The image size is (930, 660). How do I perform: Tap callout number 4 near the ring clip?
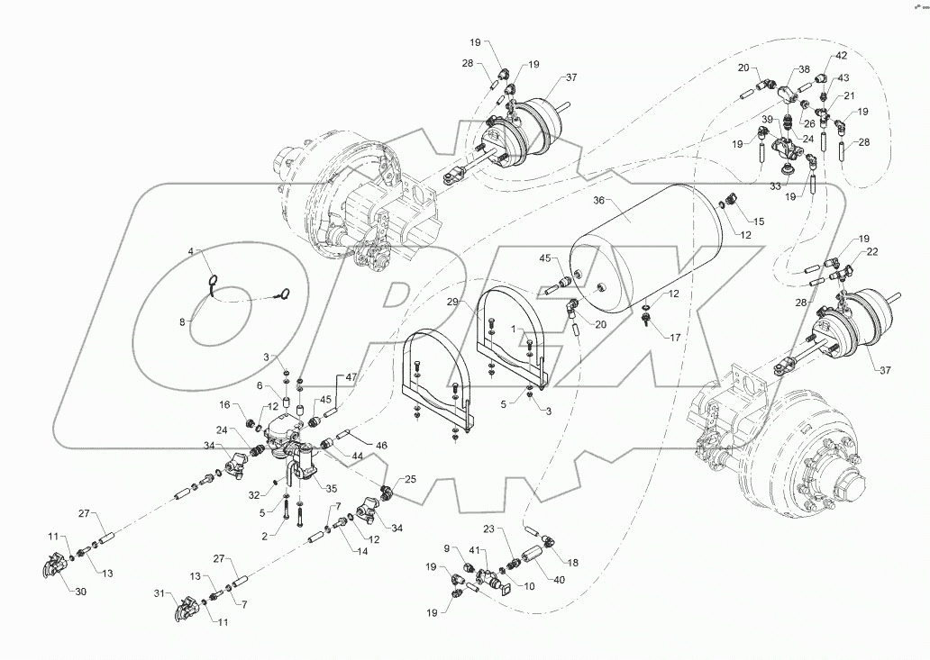pos(190,251)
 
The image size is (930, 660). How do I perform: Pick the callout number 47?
pos(351,378)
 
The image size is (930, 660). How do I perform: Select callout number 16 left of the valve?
pos(224,405)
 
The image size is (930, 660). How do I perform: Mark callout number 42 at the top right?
pos(841,55)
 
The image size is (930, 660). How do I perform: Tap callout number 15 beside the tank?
pos(758,221)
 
